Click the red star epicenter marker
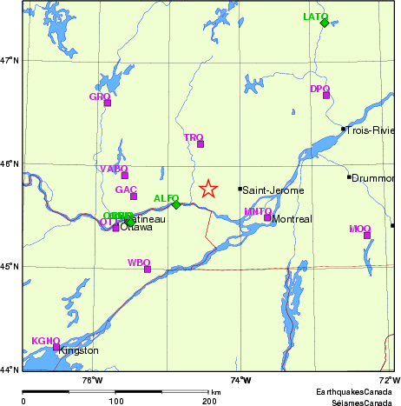coord(208,189)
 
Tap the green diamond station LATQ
coord(325,23)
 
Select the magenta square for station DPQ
coord(326,95)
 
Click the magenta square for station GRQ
coord(108,103)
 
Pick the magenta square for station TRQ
coord(200,144)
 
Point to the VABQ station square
coord(125,175)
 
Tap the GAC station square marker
coord(134,196)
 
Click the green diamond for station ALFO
coord(175,204)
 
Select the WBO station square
coord(148,269)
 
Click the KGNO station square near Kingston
coord(56,347)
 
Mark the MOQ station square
coord(367,236)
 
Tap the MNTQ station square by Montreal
coord(267,217)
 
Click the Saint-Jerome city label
coord(268,190)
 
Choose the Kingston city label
coord(78,351)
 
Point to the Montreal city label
coord(292,220)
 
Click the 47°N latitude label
coord(10,60)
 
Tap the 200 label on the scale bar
coord(209,401)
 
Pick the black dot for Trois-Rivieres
coord(344,129)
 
